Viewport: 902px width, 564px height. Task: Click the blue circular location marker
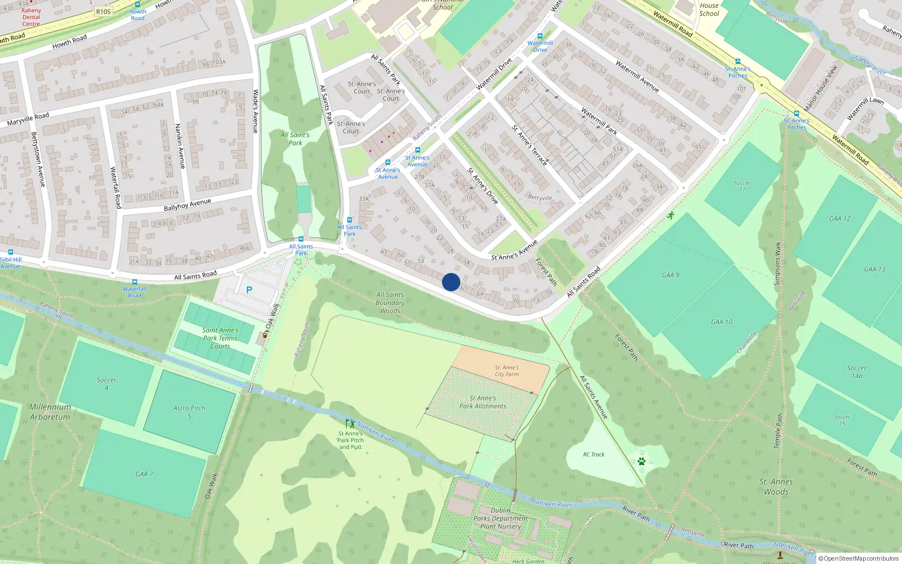pyautogui.click(x=451, y=282)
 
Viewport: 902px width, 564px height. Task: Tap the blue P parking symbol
pyautogui.click(x=249, y=290)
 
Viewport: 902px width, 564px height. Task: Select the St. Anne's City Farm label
pyautogui.click(x=506, y=371)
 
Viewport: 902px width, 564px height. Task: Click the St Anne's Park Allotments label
pyautogui.click(x=483, y=402)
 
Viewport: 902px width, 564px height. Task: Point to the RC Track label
pyautogui.click(x=594, y=454)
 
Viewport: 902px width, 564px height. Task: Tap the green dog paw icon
pyautogui.click(x=642, y=461)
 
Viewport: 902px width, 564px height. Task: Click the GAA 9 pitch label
pyautogui.click(x=670, y=275)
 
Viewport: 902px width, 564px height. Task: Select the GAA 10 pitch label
pyautogui.click(x=722, y=322)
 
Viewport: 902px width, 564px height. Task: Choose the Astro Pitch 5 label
pyautogui.click(x=189, y=412)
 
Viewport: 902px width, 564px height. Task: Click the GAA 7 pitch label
pyautogui.click(x=144, y=474)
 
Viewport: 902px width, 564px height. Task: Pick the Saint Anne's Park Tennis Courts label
pyautogui.click(x=220, y=338)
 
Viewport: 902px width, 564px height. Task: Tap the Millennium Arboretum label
pyautogui.click(x=50, y=412)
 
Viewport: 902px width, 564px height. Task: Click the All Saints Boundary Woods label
pyautogui.click(x=390, y=302)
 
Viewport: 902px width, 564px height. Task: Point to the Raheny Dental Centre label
pyautogui.click(x=31, y=17)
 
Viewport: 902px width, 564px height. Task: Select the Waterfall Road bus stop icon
pyautogui.click(x=135, y=281)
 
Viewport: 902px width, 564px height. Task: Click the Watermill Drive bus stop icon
pyautogui.click(x=540, y=36)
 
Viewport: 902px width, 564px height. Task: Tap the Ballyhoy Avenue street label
pyautogui.click(x=187, y=205)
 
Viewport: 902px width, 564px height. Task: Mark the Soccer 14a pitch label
pyautogui.click(x=857, y=372)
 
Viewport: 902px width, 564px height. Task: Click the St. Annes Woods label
pyautogui.click(x=776, y=486)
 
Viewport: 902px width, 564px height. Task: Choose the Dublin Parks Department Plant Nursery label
pyautogui.click(x=501, y=518)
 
